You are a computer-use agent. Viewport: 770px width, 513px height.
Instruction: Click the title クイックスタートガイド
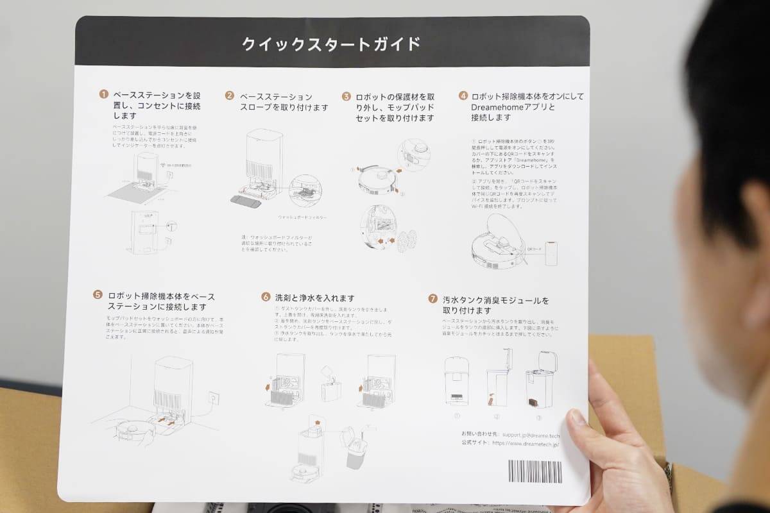point(331,44)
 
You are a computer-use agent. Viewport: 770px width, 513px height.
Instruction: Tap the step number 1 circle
point(103,95)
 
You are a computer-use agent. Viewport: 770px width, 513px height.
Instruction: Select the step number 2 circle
point(229,96)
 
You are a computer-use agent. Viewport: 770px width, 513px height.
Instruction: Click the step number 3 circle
point(346,96)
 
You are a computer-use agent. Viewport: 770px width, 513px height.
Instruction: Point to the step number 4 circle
point(463,96)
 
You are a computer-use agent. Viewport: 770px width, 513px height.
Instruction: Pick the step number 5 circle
point(98,295)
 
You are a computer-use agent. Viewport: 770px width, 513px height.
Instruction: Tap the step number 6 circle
point(266,297)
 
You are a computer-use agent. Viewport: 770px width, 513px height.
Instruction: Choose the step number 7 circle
point(433,299)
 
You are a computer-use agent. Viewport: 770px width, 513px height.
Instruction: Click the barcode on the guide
point(535,471)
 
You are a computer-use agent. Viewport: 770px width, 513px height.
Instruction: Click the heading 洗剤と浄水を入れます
point(314,298)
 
